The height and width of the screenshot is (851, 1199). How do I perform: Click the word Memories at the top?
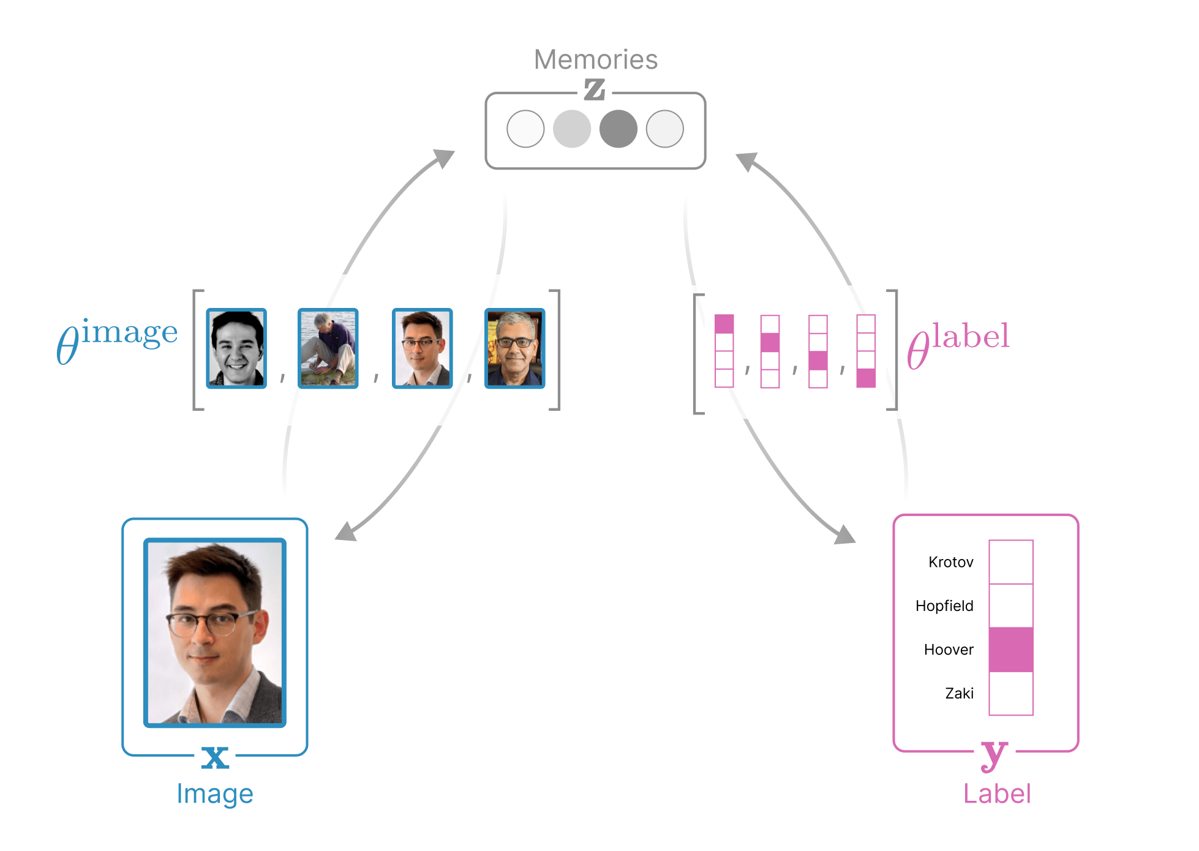(595, 59)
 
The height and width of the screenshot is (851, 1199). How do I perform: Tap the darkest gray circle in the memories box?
(618, 129)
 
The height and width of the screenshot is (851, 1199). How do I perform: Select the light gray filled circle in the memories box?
(571, 129)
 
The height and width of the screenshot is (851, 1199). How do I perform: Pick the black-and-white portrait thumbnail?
(236, 348)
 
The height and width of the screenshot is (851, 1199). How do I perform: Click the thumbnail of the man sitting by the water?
(328, 348)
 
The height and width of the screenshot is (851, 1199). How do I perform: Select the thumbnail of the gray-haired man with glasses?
(514, 348)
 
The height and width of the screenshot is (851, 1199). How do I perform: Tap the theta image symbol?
(116, 340)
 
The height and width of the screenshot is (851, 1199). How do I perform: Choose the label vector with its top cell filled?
(724, 351)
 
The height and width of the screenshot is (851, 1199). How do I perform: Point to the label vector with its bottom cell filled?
(865, 351)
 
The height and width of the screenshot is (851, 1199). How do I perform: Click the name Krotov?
(950, 562)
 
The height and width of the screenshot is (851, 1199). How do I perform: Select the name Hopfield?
(944, 605)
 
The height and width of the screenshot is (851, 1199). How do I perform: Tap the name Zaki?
(959, 693)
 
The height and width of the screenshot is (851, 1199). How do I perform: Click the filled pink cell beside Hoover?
(1010, 650)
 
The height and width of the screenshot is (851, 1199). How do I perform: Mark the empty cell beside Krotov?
(1010, 562)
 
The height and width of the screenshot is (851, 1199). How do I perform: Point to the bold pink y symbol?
(994, 754)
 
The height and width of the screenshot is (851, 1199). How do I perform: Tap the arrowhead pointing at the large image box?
(346, 531)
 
